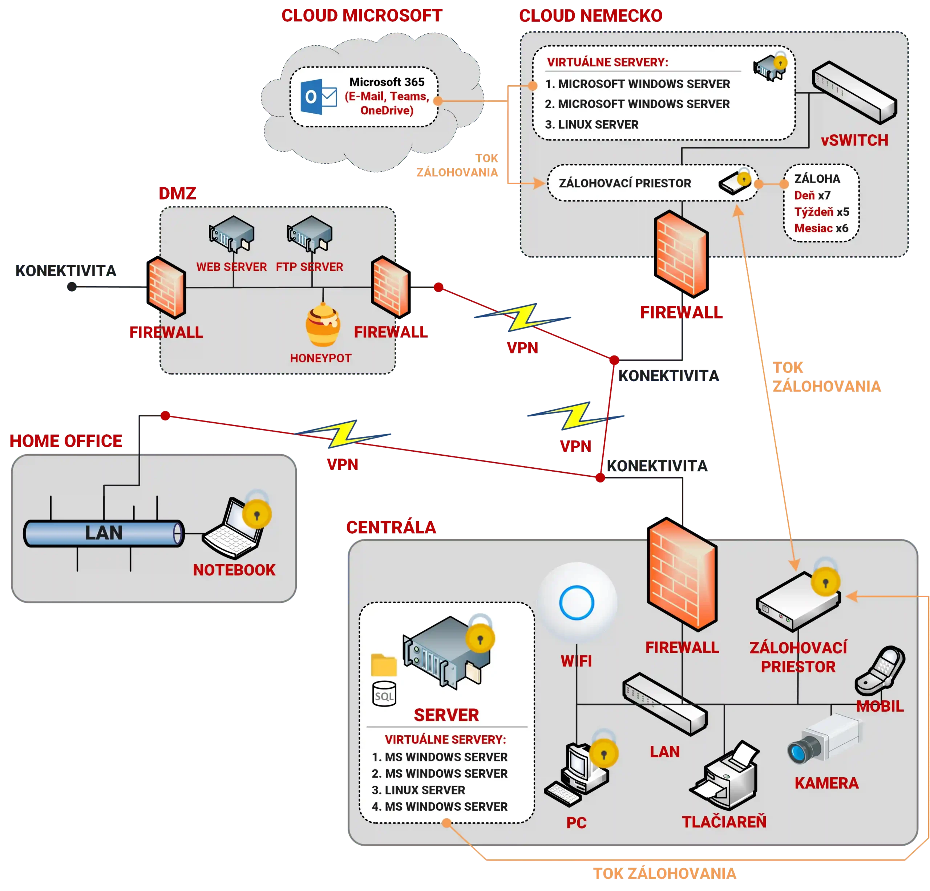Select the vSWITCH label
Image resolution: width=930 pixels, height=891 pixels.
coord(854,141)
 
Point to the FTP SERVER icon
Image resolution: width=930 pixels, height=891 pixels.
coord(310,233)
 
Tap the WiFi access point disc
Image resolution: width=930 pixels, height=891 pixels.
coord(577,602)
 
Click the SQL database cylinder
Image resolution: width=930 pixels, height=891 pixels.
coord(384,694)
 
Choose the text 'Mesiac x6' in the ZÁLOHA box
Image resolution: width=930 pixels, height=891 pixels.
coord(821,228)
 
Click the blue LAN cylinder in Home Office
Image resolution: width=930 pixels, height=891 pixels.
coord(104,533)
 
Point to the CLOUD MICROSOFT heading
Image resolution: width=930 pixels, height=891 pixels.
coord(362,16)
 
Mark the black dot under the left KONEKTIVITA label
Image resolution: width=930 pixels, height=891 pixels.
coord(72,287)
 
